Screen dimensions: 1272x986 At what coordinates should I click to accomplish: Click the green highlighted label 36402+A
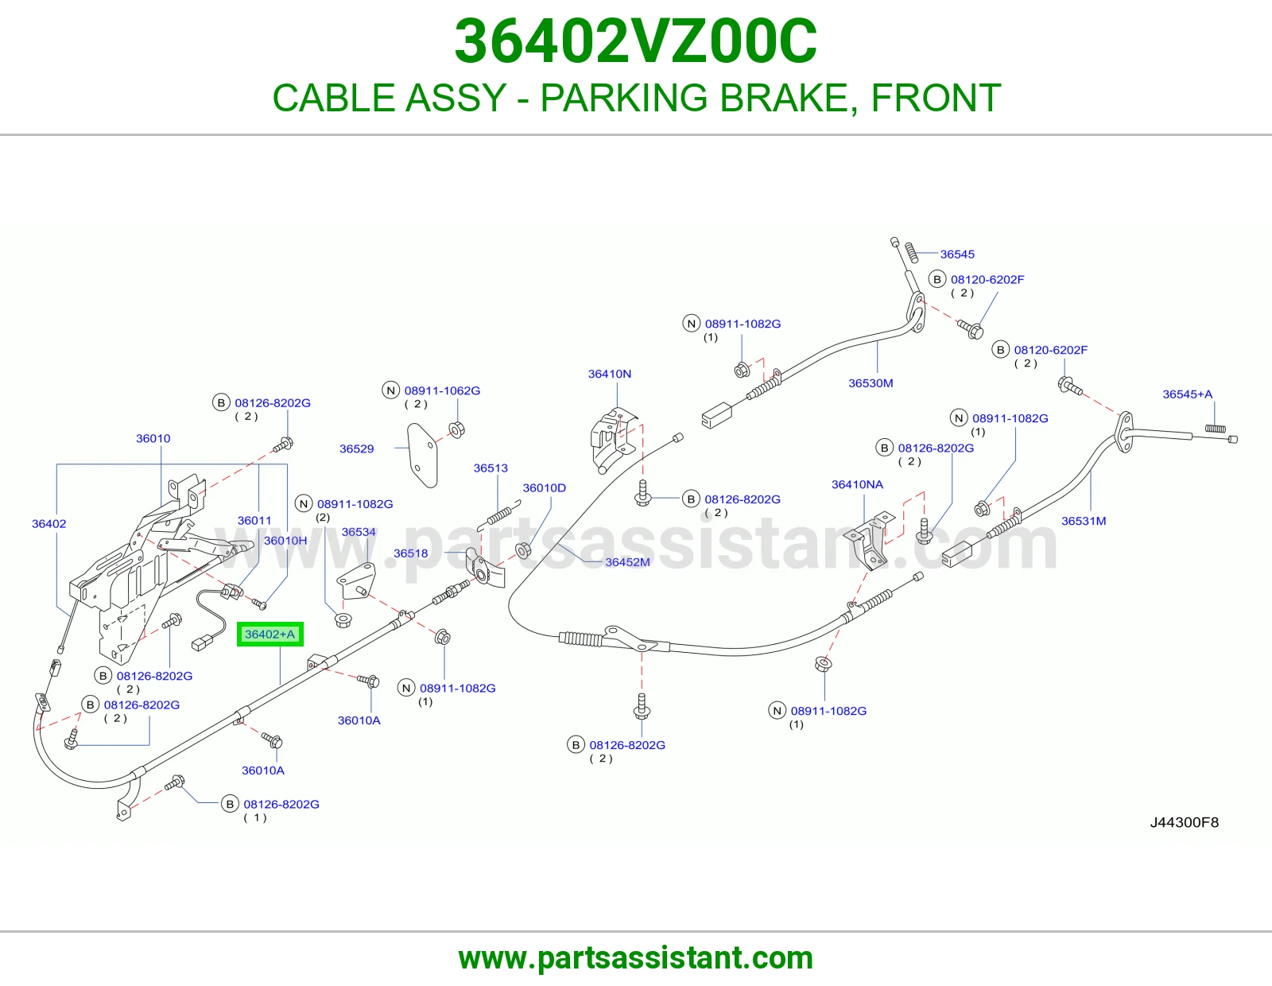point(270,634)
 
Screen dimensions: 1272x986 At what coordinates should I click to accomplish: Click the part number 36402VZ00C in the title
point(636,41)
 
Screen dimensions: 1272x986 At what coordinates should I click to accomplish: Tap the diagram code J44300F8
point(1185,822)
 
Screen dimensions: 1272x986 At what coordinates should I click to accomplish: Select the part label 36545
point(957,254)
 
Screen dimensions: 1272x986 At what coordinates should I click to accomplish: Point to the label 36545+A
point(1187,394)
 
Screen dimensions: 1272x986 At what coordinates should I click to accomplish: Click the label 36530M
point(871,383)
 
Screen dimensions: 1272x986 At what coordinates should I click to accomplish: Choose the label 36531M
point(1084,521)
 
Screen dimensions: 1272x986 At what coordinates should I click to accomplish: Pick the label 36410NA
point(857,484)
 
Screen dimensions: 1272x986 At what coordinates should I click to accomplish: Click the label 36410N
point(609,374)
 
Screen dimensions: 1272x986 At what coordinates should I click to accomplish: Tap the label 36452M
point(627,562)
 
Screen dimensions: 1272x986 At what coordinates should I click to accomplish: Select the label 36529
point(356,448)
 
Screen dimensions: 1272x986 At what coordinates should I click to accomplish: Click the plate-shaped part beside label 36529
point(423,456)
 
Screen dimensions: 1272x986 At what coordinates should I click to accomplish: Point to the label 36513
point(491,468)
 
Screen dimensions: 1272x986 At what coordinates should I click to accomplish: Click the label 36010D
point(544,487)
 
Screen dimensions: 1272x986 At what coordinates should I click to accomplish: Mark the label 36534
point(359,532)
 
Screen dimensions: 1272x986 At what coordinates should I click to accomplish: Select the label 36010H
point(285,541)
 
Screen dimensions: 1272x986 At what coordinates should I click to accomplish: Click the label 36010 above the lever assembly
point(153,438)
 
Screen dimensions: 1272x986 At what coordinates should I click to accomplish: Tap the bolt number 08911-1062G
point(442,390)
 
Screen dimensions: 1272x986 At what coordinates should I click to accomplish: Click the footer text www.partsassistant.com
point(636,958)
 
